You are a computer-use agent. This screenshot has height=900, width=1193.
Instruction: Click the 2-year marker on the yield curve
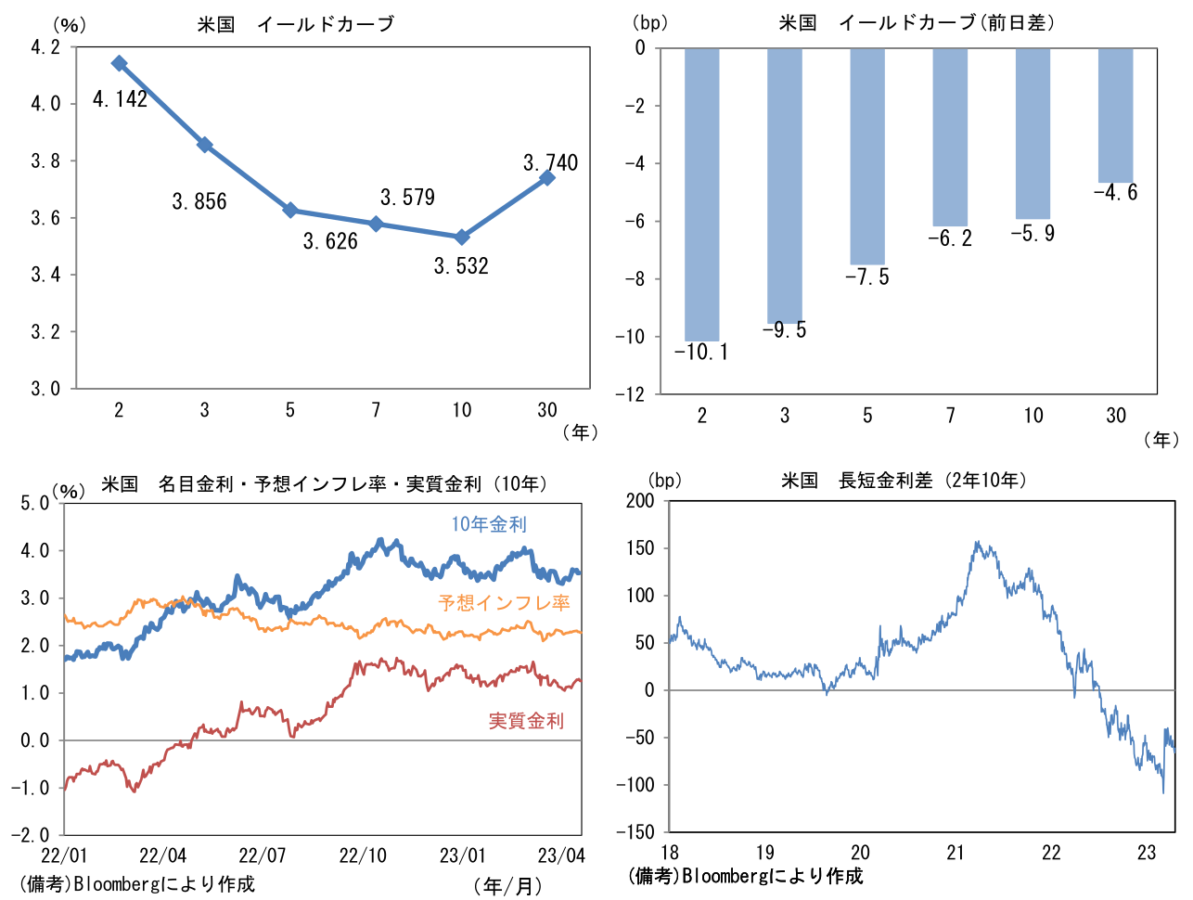[119, 63]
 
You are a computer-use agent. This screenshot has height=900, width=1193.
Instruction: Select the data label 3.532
[461, 266]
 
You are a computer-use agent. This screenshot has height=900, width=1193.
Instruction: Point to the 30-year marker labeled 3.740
[547, 177]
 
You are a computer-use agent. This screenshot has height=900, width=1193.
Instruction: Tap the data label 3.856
[199, 201]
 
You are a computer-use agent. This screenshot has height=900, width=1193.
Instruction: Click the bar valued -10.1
[701, 195]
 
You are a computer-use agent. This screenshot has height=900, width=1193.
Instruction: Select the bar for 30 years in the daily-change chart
[1115, 115]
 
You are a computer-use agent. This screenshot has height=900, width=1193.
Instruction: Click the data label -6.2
[950, 238]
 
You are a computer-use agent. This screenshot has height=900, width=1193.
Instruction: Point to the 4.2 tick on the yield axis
[45, 47]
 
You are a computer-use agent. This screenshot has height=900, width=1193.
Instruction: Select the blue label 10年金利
[489, 524]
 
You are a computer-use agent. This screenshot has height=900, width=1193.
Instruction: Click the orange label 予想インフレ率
[504, 603]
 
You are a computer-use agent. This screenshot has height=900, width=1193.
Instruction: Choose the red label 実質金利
[526, 721]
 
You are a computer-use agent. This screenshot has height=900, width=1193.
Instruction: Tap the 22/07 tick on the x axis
[263, 855]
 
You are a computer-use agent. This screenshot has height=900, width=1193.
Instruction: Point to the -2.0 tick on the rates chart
[34, 834]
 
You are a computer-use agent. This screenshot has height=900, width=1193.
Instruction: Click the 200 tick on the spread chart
[640, 501]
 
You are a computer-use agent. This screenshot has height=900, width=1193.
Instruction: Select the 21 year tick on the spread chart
[956, 853]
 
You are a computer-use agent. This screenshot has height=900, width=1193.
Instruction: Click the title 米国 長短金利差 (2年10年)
[904, 481]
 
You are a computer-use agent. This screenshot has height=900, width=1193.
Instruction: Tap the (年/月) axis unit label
[508, 886]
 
